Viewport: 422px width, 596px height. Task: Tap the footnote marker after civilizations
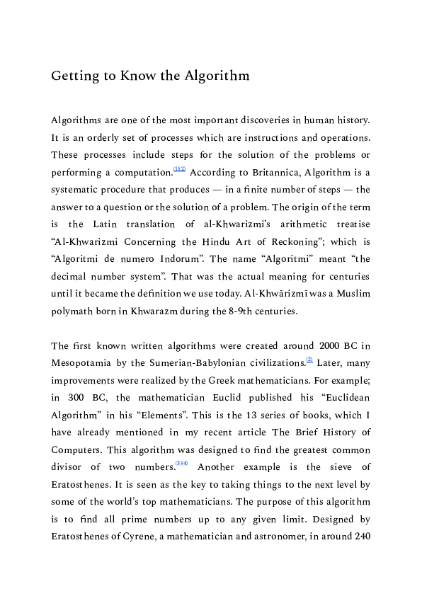(309, 360)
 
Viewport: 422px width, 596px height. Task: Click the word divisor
(67, 466)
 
